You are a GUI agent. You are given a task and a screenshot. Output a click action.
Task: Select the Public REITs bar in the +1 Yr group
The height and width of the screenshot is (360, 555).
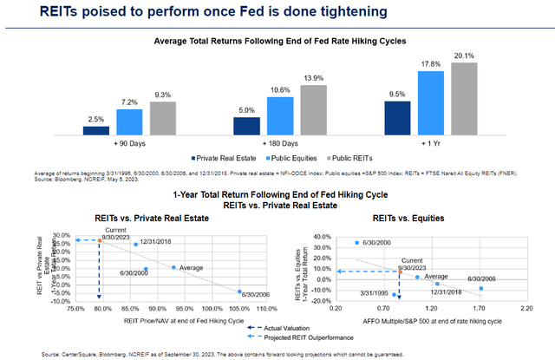[464, 99]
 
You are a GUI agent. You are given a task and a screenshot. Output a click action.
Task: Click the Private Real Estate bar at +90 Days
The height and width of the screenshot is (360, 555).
[96, 129]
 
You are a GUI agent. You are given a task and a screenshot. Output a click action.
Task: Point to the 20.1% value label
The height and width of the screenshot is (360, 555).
[464, 56]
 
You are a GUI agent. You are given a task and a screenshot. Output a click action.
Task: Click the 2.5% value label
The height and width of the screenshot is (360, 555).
[96, 118]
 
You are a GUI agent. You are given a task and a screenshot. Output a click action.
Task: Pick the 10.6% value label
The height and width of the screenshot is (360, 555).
[279, 90]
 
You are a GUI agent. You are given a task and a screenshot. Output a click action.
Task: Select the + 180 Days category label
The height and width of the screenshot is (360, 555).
[280, 142]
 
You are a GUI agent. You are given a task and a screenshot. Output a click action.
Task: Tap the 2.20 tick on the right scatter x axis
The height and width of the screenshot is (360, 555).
[525, 308]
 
